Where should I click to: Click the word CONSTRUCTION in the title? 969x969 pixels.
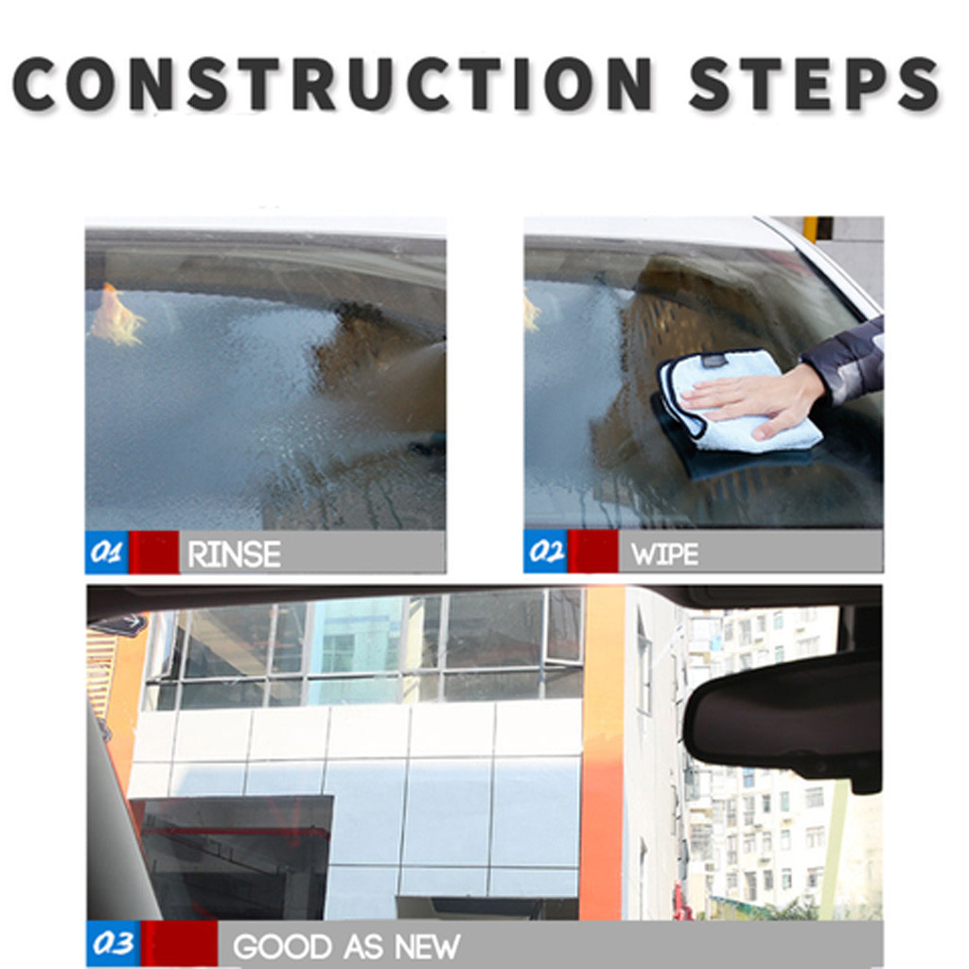point(331,85)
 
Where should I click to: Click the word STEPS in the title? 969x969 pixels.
point(813,85)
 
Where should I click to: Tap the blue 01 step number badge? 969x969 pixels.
point(107,553)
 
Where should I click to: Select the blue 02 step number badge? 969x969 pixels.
point(546,553)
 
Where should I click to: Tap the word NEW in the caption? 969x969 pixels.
point(427,946)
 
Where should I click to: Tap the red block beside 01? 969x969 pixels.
point(153,553)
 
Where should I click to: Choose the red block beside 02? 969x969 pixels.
point(592,553)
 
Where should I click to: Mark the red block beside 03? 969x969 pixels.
point(179,945)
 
